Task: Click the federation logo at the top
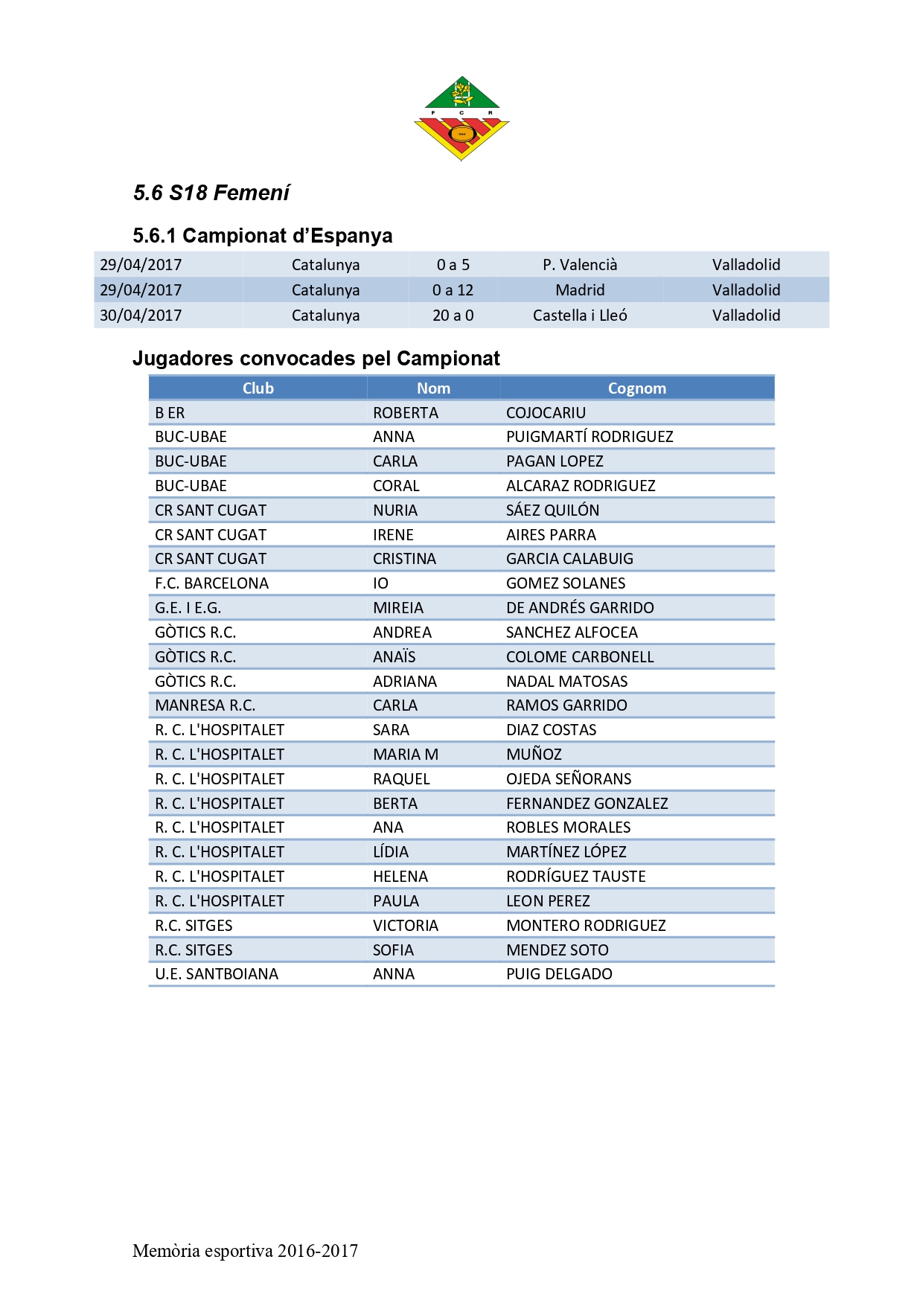coord(461,118)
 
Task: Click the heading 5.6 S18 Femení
coord(211,193)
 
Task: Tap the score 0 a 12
coord(453,290)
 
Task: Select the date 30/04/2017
coord(141,316)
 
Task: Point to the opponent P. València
coord(580,265)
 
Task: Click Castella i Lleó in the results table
coord(580,316)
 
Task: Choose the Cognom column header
coord(636,388)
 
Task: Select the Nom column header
coord(433,388)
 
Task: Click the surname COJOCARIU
coord(546,413)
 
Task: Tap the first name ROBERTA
coord(406,413)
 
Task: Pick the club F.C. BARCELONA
coord(211,583)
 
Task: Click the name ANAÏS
coord(395,657)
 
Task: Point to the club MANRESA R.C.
coord(205,705)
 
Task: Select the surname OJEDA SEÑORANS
coord(569,779)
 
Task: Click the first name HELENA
coord(400,877)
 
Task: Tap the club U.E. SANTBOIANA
coord(217,974)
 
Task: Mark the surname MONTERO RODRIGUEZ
coord(586,926)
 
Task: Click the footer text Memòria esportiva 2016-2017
coord(245,1251)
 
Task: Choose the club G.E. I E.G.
coord(188,608)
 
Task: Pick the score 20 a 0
coord(453,316)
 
